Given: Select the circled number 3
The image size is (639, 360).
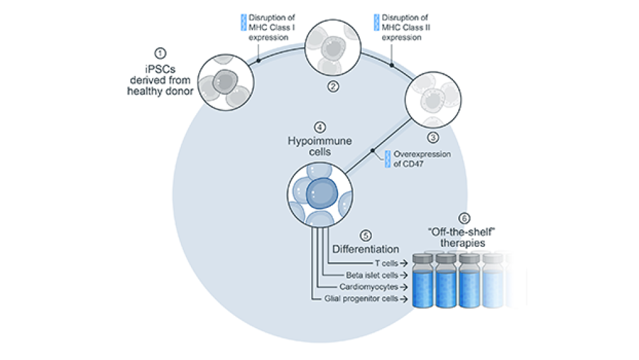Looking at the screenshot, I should point(433,136).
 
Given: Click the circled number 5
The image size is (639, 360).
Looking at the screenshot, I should point(366,235).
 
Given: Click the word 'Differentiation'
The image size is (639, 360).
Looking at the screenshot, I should point(366,249).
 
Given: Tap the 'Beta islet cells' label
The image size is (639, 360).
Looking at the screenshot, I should point(372,275).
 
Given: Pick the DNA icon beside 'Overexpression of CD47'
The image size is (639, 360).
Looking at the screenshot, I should point(387,159).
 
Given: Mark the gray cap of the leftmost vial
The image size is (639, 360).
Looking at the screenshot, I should point(422,258).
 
